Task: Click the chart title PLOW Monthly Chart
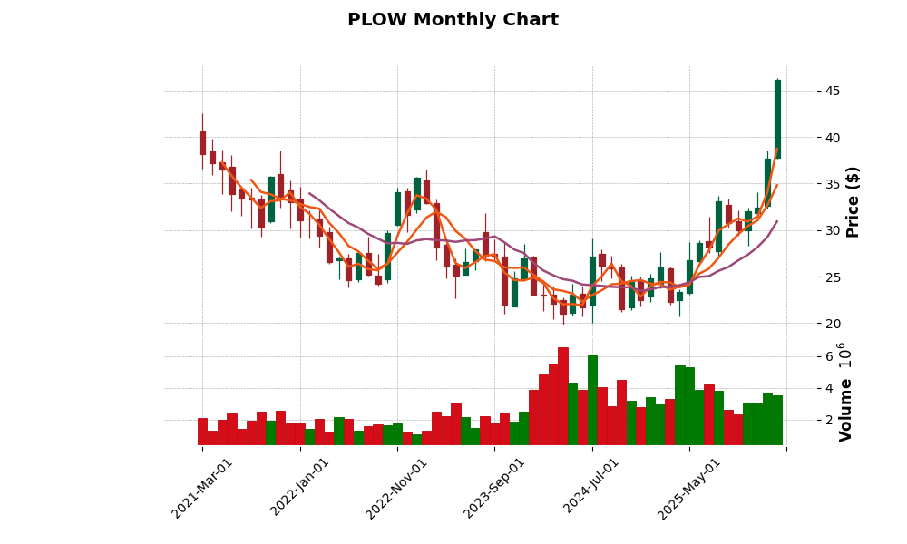(453, 20)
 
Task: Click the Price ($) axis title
(853, 201)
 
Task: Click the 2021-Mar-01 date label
(202, 488)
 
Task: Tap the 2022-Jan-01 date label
(300, 488)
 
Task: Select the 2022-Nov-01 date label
(397, 488)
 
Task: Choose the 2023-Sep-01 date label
(495, 488)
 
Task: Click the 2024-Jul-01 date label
(592, 488)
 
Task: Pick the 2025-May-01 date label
(689, 488)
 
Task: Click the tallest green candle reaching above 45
(777, 119)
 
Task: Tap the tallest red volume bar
(563, 395)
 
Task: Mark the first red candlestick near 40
(202, 143)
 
